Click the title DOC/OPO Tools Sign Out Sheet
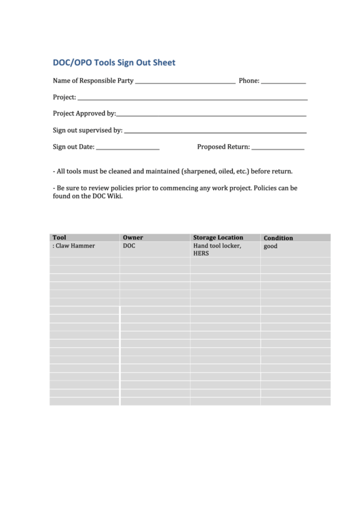tap(114, 63)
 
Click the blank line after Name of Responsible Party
tap(185, 82)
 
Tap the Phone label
tap(249, 81)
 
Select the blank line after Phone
tap(283, 82)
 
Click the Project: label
tap(65, 97)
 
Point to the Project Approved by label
tap(84, 113)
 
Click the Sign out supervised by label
tap(88, 130)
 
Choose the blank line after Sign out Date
tap(128, 147)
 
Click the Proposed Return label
tap(223, 147)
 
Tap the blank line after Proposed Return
tap(278, 147)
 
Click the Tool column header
tap(59, 238)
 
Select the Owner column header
tap(133, 238)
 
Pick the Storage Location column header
tap(218, 238)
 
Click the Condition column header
tap(278, 238)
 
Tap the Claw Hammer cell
tap(75, 246)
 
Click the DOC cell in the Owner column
tap(129, 246)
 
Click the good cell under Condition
tap(270, 247)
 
